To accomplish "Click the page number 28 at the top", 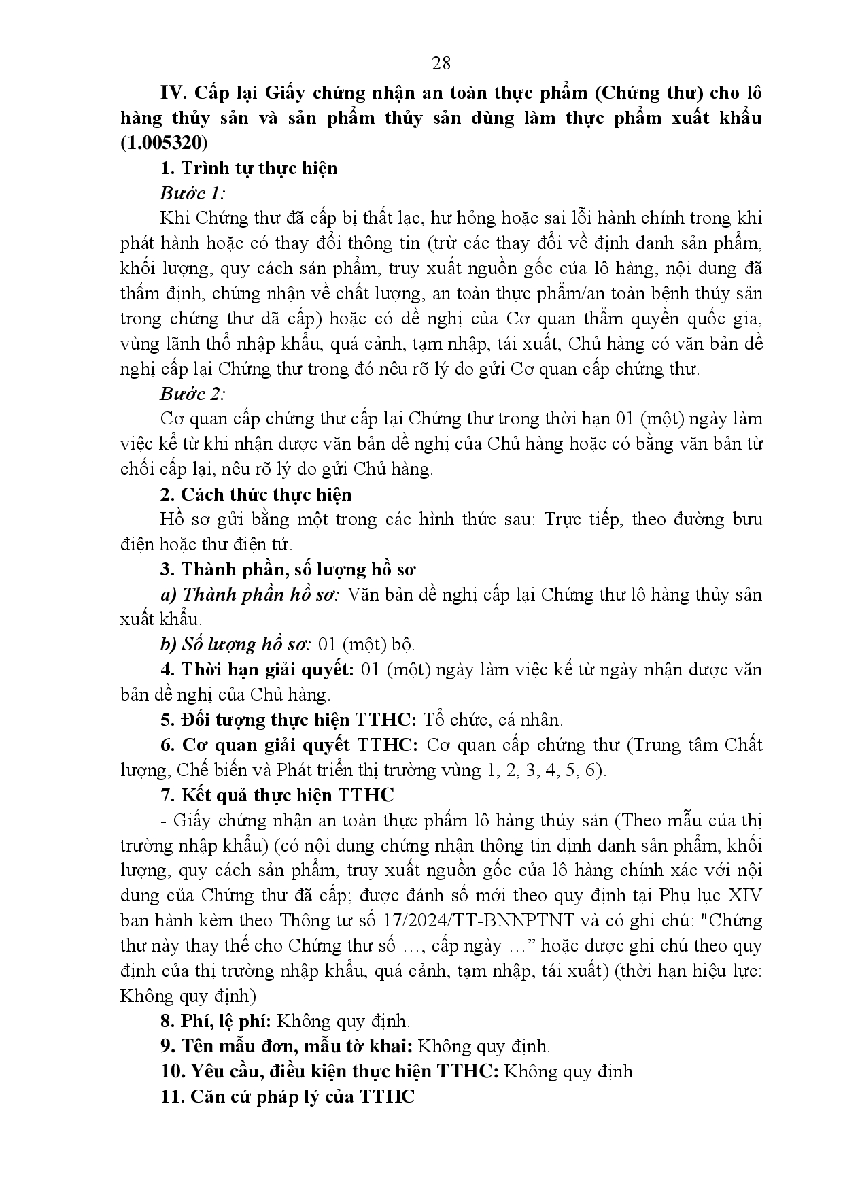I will coord(441,63).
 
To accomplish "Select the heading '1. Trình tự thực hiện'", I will coord(249,168).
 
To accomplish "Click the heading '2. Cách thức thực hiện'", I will coord(256,494).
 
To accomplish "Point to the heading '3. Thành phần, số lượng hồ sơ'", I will coord(289,569).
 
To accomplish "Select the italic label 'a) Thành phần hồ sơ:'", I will coord(250,594).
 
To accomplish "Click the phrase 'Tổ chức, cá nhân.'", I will coord(493,720).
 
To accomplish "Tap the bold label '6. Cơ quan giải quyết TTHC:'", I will coord(290,745).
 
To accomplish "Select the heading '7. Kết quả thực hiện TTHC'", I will coord(277,795).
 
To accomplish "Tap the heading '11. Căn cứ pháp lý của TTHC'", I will coord(288,1096).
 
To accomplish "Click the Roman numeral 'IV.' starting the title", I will coord(173,93).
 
